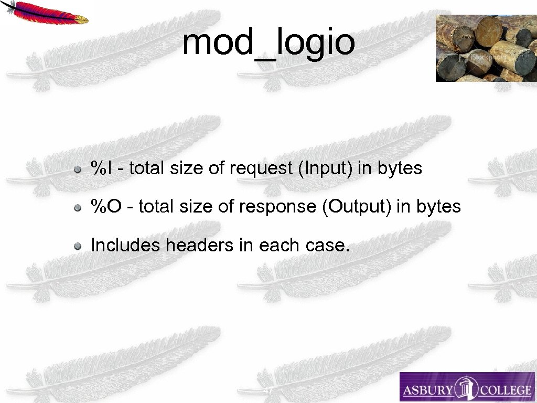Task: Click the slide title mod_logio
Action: [x=268, y=43]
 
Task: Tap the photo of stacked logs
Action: [x=486, y=48]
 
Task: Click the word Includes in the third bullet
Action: [x=125, y=245]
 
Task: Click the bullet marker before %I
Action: [x=77, y=169]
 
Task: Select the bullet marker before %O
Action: [x=77, y=208]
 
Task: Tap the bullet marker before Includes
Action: [x=77, y=246]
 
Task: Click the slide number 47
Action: [x=268, y=391]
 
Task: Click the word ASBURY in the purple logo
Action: [x=428, y=390]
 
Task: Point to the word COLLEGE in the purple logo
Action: [x=504, y=390]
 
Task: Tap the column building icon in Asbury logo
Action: [x=466, y=388]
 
